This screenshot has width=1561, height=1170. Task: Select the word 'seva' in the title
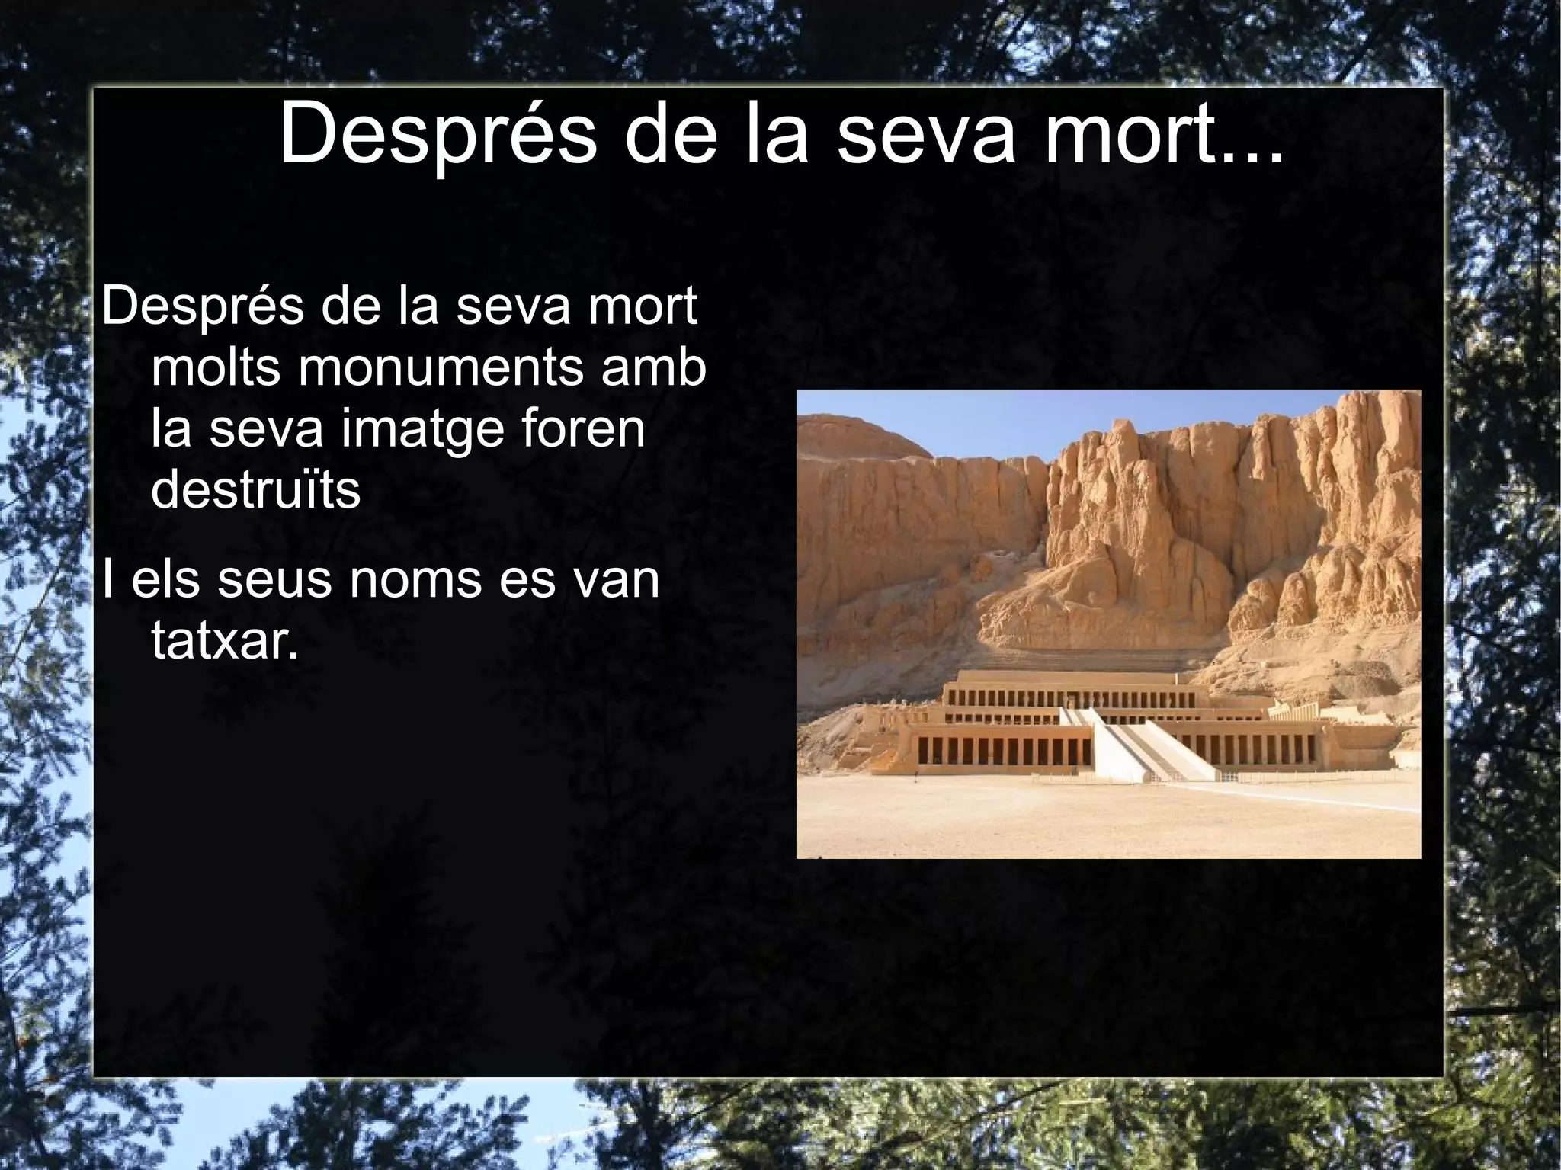pos(925,137)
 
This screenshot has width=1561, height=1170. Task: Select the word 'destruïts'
pos(255,490)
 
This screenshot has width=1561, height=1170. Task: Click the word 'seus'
pos(274,579)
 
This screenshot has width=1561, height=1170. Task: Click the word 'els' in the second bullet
pos(165,579)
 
